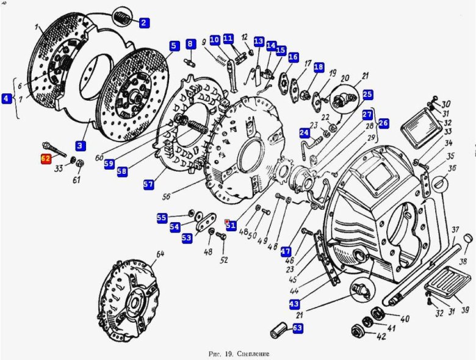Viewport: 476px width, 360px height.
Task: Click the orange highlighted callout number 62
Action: [x=46, y=159]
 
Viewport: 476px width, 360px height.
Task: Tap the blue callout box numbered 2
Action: [x=144, y=23]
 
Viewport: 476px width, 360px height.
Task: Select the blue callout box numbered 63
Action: [x=297, y=328]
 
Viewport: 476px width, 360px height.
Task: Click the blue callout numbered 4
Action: [x=7, y=98]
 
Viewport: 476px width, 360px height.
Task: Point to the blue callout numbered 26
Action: [x=383, y=123]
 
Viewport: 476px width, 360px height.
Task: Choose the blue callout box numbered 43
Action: [x=294, y=304]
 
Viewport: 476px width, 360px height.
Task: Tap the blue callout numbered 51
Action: [x=231, y=225]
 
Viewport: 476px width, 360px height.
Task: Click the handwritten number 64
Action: [x=160, y=254]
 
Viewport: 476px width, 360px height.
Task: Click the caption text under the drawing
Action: [x=238, y=353]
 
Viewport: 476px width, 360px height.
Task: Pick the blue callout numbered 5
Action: [x=174, y=45]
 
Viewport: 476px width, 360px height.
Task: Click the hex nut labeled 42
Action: [x=358, y=331]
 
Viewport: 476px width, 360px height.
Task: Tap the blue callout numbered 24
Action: [x=304, y=132]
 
